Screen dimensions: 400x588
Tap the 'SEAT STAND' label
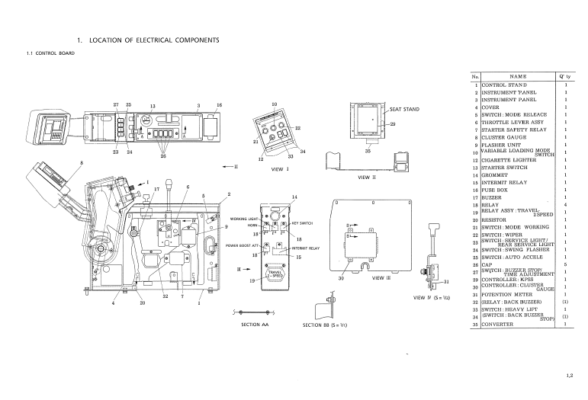click(404, 110)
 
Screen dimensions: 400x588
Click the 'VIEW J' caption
click(280, 170)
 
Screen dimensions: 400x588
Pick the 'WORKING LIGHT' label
click(245, 219)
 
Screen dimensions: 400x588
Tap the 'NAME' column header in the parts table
click(518, 77)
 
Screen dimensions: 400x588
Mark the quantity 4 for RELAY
click(566, 205)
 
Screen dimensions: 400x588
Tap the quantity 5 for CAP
click(566, 264)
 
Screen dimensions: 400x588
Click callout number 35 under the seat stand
click(368, 151)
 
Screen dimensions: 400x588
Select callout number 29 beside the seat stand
click(393, 124)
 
